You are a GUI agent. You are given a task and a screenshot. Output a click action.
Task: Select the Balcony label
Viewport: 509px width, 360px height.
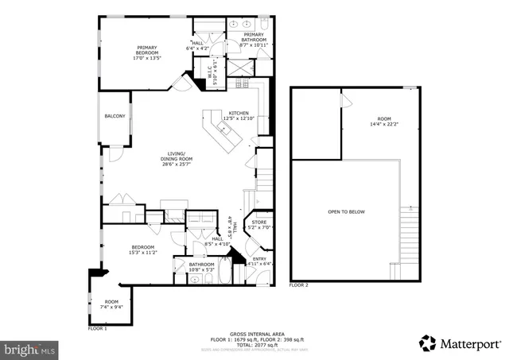115,117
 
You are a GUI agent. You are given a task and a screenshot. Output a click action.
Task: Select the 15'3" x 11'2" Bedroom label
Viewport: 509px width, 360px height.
144,250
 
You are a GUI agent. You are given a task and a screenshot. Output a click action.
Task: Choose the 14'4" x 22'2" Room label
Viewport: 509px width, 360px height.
383,122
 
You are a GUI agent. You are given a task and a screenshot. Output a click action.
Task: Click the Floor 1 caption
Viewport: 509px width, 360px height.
97,327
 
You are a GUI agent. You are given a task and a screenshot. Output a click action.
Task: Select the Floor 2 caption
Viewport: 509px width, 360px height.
299,285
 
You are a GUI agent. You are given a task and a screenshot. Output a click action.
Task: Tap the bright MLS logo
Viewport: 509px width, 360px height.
30,348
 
